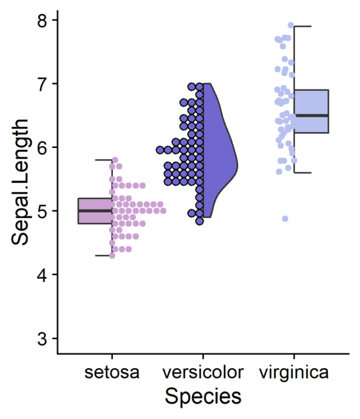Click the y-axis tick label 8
click(43, 20)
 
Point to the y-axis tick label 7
click(43, 84)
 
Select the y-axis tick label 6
click(43, 147)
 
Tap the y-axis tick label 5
click(43, 211)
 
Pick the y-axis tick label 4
click(43, 274)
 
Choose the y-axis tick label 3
click(43, 338)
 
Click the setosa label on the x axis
click(112, 372)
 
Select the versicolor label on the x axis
click(203, 372)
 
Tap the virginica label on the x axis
click(294, 372)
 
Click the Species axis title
click(203, 396)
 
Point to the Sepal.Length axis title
click(20, 182)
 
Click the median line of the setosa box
click(95, 211)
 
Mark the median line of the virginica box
click(311, 115)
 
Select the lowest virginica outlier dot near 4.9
click(285, 219)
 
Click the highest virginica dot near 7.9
click(291, 25)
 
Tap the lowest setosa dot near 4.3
click(112, 256)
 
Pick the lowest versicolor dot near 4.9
click(200, 221)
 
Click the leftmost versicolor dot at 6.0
click(160, 150)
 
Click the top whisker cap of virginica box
click(303, 27)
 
